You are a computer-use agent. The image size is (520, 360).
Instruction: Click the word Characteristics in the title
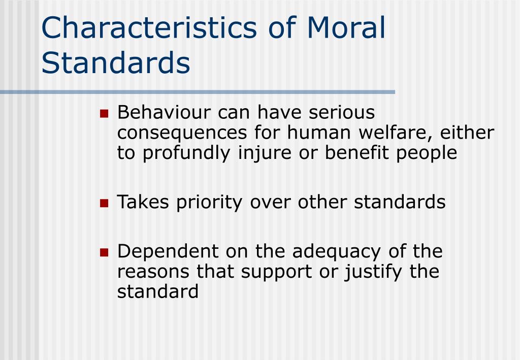[149, 27]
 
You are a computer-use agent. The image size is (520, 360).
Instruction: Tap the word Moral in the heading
[346, 27]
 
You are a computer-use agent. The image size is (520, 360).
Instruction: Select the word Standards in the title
[116, 62]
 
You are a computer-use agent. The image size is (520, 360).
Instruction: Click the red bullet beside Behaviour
[104, 114]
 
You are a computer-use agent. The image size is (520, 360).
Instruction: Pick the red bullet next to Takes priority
[104, 203]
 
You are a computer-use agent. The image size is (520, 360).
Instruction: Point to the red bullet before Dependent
[104, 252]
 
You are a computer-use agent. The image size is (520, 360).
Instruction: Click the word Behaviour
[164, 112]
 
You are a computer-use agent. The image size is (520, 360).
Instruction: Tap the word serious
[342, 112]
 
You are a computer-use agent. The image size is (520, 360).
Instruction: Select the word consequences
[182, 133]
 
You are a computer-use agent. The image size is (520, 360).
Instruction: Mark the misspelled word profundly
[186, 153]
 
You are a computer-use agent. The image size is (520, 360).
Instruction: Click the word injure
[265, 153]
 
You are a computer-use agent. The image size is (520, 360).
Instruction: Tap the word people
[427, 154]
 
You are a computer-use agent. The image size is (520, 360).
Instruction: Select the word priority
[209, 203]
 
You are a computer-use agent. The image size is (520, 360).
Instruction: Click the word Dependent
[168, 252]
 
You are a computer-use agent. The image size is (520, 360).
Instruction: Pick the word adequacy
[336, 252]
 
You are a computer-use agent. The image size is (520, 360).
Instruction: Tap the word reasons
[153, 272]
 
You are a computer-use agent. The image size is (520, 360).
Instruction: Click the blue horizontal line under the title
[198, 92]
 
